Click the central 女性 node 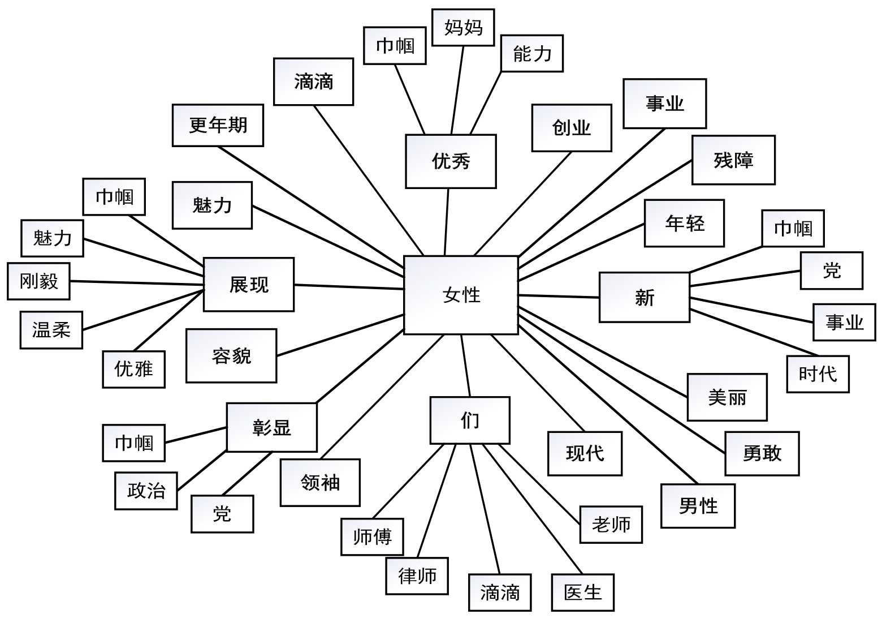(x=461, y=295)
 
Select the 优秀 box (x=451, y=161)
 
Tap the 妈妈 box (x=463, y=27)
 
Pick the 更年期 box (x=218, y=125)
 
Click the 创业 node (x=571, y=128)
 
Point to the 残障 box (x=733, y=160)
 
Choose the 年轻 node (x=684, y=223)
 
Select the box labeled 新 (x=644, y=297)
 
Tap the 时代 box (x=818, y=374)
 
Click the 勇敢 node (x=762, y=453)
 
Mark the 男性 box (x=698, y=506)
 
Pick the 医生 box (x=582, y=593)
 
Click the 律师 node (x=417, y=576)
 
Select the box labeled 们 (x=469, y=420)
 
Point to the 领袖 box (x=320, y=482)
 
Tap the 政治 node (x=146, y=491)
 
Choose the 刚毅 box (x=38, y=281)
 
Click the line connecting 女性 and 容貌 (x=340, y=335)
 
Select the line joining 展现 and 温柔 (x=143, y=310)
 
